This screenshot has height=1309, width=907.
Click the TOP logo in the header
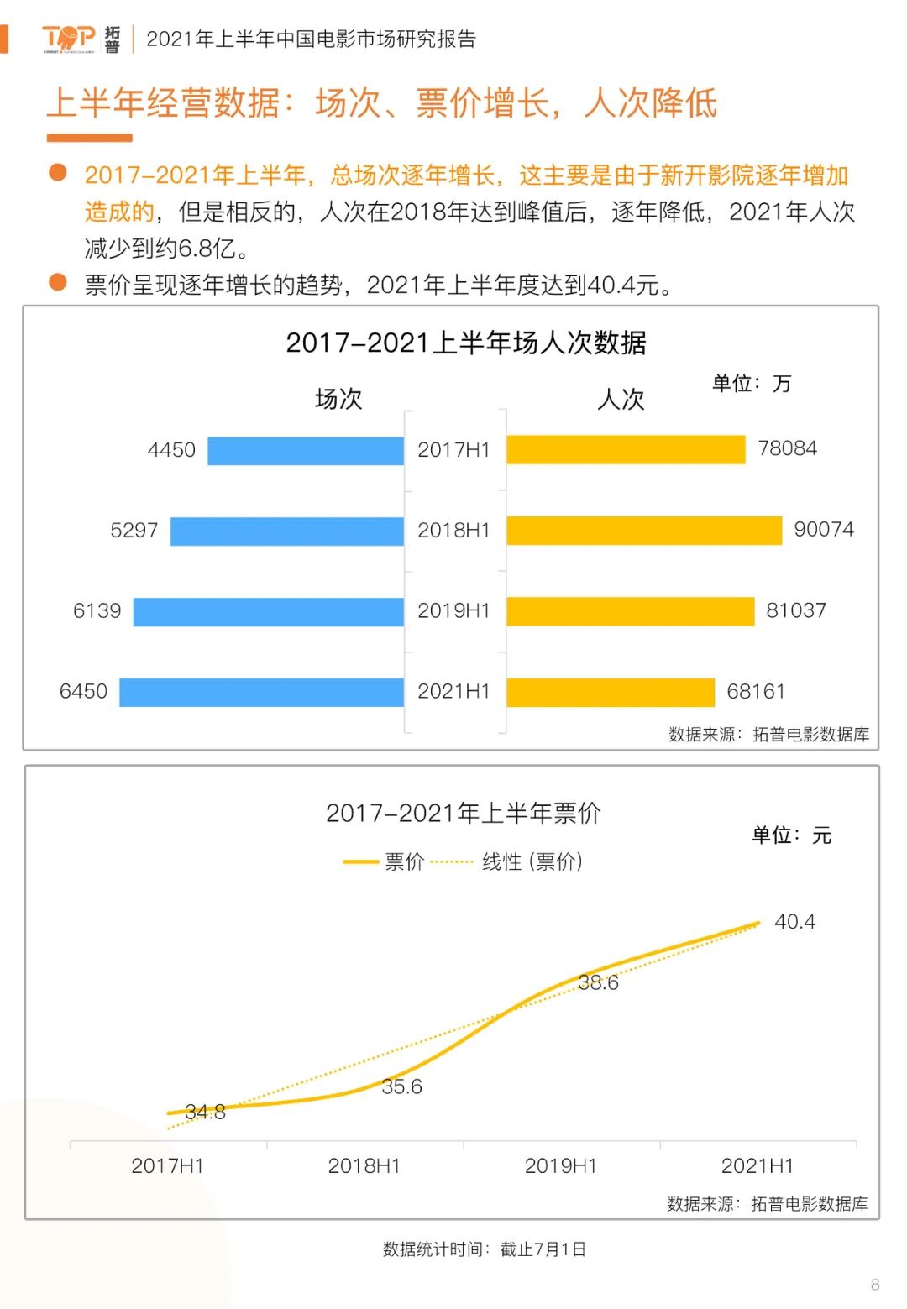(69, 38)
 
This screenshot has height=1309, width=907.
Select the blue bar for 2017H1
(306, 451)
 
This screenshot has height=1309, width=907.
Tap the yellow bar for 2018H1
(644, 531)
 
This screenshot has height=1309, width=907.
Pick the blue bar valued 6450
(261, 693)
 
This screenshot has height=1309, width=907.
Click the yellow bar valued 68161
(611, 693)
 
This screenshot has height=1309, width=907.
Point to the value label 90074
(823, 530)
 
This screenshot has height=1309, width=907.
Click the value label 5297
(134, 531)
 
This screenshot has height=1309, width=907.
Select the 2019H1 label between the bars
(453, 611)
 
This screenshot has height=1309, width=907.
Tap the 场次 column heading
(338, 399)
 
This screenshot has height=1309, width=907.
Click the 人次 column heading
(621, 399)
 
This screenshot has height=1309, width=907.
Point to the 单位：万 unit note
(752, 384)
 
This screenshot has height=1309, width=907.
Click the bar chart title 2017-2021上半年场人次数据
(466, 343)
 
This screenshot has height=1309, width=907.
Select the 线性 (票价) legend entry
(531, 861)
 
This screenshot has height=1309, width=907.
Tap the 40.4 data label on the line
(794, 922)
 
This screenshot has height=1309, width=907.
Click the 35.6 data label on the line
(401, 1086)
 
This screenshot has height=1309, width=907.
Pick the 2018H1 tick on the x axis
(364, 1165)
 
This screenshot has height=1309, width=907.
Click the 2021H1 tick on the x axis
(757, 1165)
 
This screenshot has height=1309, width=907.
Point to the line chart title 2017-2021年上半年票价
(464, 813)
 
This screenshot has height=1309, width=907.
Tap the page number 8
(875, 1285)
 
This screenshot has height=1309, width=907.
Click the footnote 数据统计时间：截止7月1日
(484, 1249)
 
